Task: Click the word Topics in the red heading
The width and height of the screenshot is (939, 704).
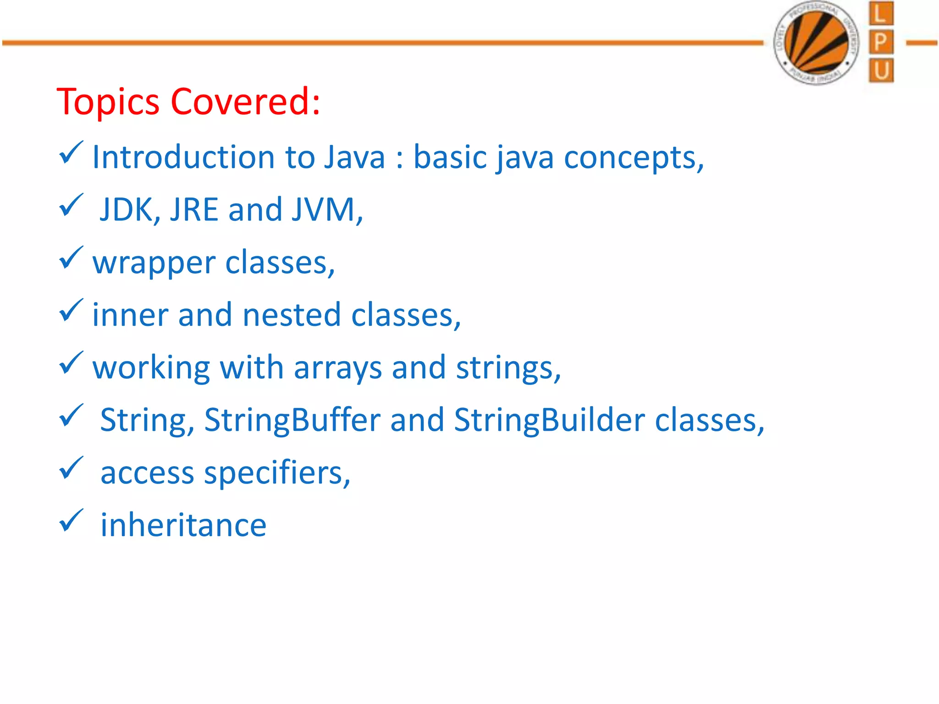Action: pos(108,102)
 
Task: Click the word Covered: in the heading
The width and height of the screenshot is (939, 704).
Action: pos(245,102)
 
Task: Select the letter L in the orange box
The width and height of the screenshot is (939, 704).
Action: pos(881,14)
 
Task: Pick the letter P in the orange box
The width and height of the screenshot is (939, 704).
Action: pos(881,42)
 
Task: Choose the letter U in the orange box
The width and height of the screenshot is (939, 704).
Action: pos(881,71)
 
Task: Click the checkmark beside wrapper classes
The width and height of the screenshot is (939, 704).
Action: pos(71,258)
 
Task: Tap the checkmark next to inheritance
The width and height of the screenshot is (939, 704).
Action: pos(71,521)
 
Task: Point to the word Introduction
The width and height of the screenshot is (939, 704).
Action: pos(183,157)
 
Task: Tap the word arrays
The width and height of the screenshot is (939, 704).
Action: pos(338,368)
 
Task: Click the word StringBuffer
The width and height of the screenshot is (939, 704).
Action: pos(292,420)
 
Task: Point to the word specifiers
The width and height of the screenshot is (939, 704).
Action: pos(277,473)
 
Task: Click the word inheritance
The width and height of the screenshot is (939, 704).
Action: pos(183,525)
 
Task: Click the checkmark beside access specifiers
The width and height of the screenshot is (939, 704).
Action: pos(71,468)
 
